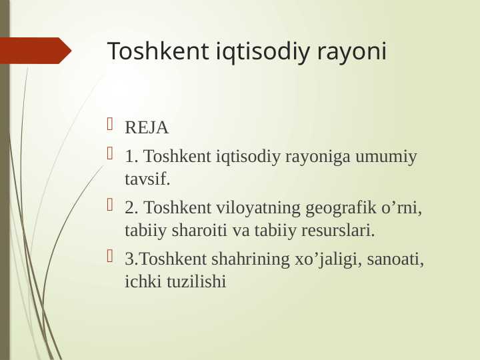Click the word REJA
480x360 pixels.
click(147, 127)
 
